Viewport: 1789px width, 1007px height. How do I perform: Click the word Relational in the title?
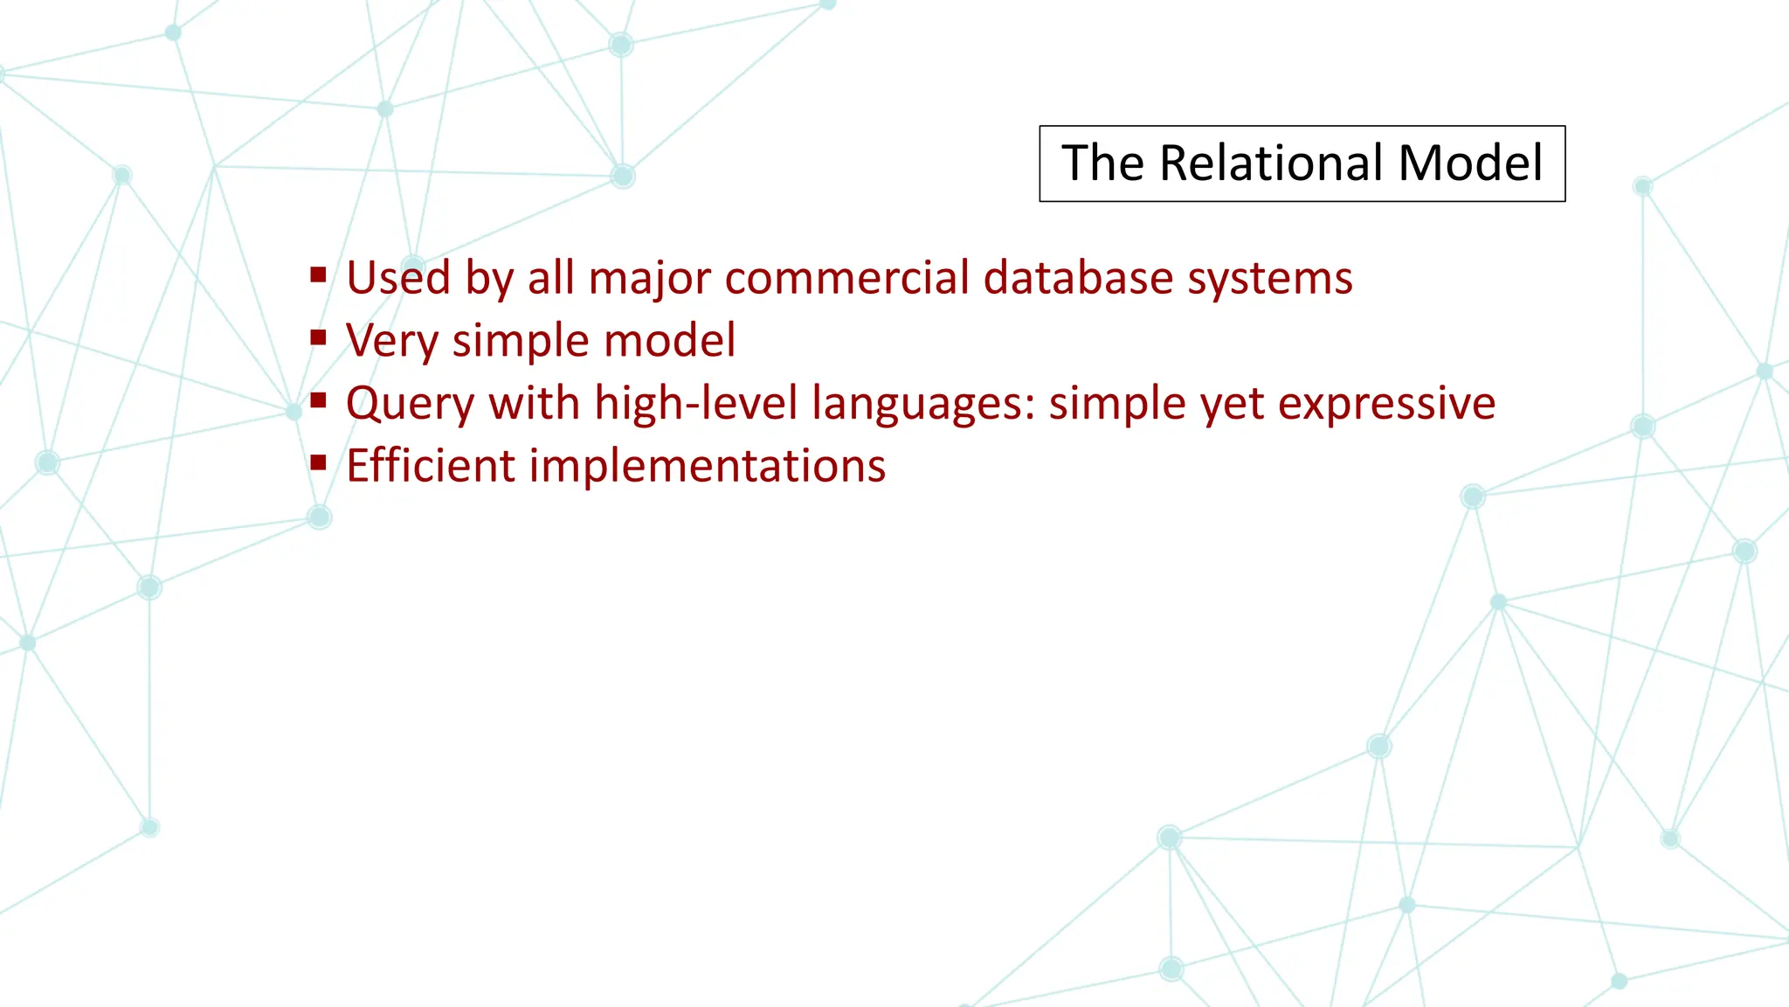[1270, 163]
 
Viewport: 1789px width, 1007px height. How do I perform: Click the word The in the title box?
[1102, 163]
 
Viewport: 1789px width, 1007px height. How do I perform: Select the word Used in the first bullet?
[398, 278]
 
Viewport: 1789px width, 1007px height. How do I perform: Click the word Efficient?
[430, 465]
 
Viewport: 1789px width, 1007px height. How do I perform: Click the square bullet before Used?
[318, 276]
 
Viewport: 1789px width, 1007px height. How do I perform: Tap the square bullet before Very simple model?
[318, 337]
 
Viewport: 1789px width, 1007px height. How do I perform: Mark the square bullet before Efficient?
[318, 462]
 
